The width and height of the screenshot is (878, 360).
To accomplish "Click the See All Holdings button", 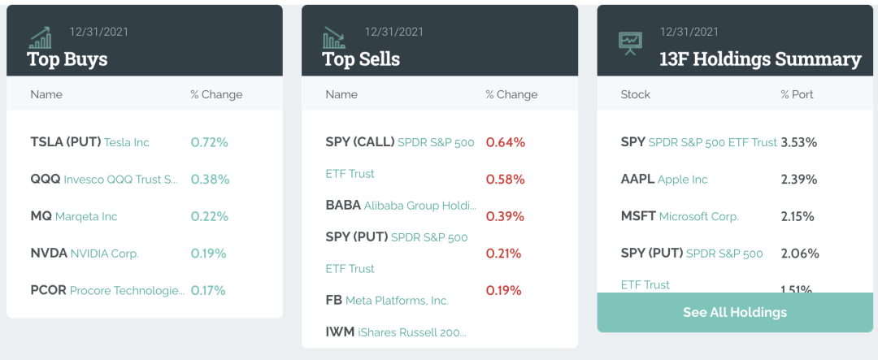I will pos(735,312).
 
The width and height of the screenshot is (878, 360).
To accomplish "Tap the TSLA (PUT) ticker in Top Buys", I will pos(65,142).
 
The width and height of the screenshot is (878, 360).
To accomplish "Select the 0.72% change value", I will pos(209,142).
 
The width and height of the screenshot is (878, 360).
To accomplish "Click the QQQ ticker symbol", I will pos(45,180).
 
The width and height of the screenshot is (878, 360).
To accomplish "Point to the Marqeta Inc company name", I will pos(86,216).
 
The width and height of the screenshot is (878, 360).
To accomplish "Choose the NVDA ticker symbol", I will pos(49,254).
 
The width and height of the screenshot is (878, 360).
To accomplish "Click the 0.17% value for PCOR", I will pos(208,290).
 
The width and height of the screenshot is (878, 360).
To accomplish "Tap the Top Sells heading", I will pos(361,59).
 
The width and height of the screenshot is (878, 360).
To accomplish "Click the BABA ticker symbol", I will pos(343,206).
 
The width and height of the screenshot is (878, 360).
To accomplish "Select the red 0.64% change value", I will pos(505,142).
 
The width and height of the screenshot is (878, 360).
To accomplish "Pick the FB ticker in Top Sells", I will pos(333,301).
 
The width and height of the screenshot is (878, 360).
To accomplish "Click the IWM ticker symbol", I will pos(339,332).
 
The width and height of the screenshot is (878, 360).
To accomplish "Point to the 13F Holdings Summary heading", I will pos(760,59).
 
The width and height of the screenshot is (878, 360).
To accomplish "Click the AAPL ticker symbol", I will pos(637,180).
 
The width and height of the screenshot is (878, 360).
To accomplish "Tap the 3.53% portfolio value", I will pos(798,142).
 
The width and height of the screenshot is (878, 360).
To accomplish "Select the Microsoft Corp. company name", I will pos(698,217).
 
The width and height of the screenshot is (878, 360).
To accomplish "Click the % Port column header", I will pos(797,94).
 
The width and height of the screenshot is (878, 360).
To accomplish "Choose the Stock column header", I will pos(635,94).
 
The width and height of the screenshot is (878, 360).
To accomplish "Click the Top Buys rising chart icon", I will pos(40,37).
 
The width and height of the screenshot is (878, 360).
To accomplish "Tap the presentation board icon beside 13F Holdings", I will pos(630,41).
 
